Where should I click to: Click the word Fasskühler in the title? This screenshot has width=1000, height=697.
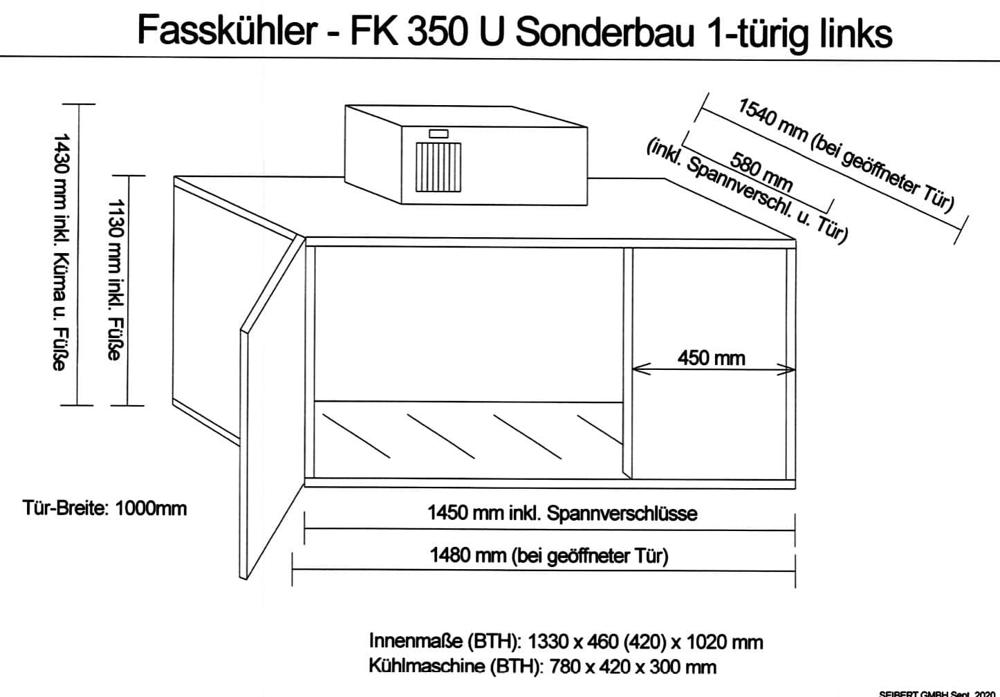228,31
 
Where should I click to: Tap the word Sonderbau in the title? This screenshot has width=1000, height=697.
605,32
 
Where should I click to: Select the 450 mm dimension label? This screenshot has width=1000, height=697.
711,358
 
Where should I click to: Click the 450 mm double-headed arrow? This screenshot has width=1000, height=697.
714,370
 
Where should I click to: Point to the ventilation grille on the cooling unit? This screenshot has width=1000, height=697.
438,167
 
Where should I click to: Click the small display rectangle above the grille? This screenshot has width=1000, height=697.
438,133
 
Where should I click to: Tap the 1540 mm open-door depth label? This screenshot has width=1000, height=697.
845,154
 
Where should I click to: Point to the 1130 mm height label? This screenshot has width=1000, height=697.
115,279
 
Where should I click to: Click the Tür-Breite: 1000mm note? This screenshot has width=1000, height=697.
104,508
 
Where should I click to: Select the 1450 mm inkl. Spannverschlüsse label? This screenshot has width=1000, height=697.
562,514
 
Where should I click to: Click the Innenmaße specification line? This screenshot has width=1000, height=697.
566,642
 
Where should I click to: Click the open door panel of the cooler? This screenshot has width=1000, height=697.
272,409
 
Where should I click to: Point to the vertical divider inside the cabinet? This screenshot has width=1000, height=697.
627,363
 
